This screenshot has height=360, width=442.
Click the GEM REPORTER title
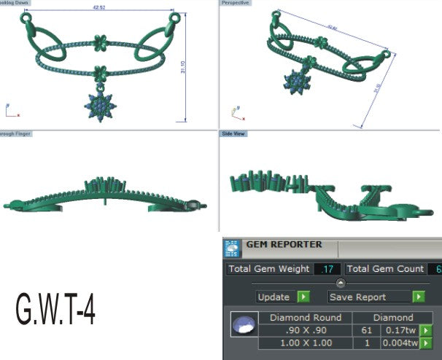click(284, 246)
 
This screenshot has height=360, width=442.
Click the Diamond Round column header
click(305, 318)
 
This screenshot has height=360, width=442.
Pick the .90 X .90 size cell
click(305, 330)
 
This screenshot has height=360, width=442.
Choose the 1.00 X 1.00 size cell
click(305, 343)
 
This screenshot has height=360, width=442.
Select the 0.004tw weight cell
click(400, 343)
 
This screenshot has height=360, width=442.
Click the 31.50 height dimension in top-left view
click(193, 66)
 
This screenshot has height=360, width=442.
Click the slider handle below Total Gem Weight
click(340, 283)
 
